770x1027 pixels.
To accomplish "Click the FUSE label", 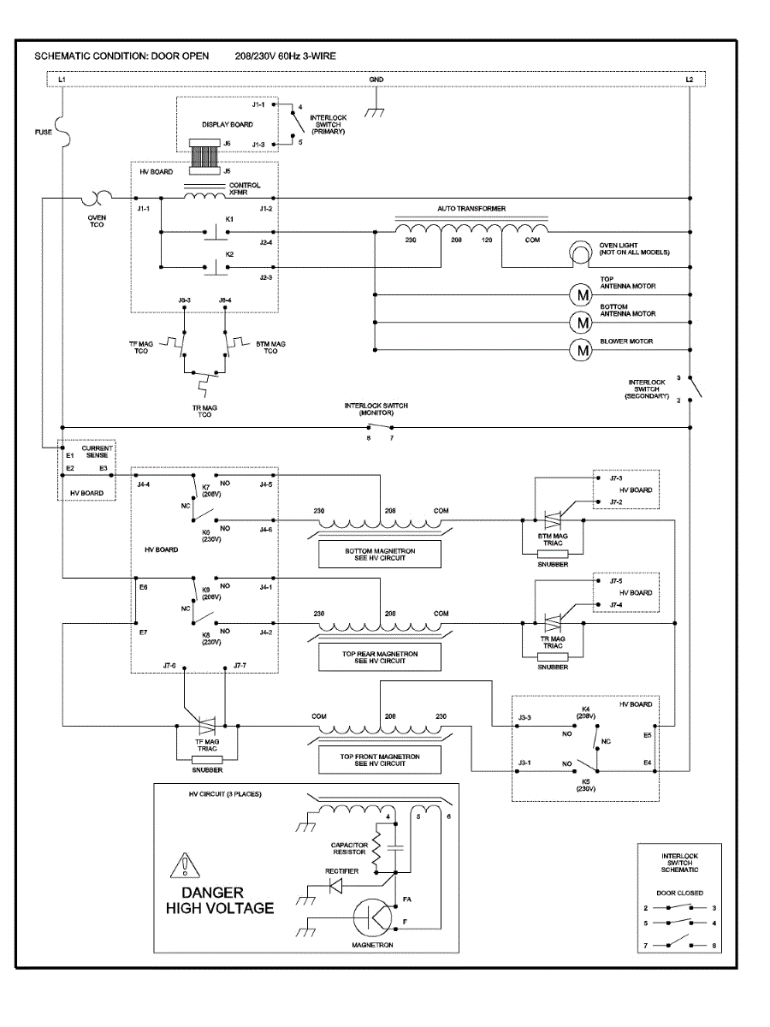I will (x=44, y=132).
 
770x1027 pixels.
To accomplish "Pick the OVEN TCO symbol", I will (x=97, y=199).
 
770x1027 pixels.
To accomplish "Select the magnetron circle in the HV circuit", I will (x=374, y=917).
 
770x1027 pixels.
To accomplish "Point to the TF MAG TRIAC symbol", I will (x=205, y=726).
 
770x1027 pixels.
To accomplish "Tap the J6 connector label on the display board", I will (x=227, y=143).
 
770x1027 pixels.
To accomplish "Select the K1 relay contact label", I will (x=229, y=219).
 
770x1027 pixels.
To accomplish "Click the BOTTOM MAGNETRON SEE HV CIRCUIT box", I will (x=379, y=555).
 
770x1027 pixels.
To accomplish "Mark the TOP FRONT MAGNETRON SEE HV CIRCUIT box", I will (x=379, y=759).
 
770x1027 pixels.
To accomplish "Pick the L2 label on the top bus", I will (x=690, y=80).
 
